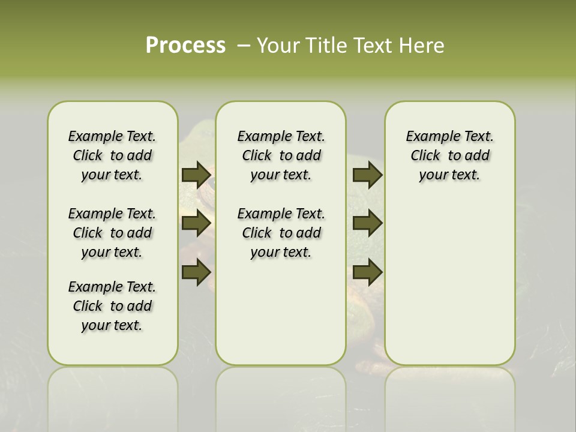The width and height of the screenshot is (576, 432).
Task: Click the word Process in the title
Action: tap(185, 46)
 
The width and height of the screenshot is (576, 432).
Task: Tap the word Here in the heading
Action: tap(422, 46)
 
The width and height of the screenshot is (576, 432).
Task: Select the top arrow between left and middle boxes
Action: tap(196, 175)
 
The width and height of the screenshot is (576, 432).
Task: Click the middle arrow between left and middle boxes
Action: tap(196, 223)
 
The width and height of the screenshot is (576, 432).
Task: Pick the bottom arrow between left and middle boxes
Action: tap(196, 272)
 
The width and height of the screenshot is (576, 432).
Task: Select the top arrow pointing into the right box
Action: tap(367, 175)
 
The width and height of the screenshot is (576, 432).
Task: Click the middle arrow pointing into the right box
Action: tap(367, 223)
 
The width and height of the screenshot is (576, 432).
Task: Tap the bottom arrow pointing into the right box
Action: tap(367, 272)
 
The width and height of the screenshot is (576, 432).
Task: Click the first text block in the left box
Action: tap(112, 155)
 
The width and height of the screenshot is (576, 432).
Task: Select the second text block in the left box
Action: tap(112, 233)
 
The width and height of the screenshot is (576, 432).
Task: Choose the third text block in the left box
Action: tap(112, 306)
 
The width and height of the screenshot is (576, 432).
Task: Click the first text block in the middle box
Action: tap(281, 155)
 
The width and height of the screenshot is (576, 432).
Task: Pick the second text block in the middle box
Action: tap(281, 233)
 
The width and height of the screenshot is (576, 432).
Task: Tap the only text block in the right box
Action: tap(449, 155)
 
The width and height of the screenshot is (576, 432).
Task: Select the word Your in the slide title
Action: tap(277, 46)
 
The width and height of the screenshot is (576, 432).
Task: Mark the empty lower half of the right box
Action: tap(449, 288)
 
